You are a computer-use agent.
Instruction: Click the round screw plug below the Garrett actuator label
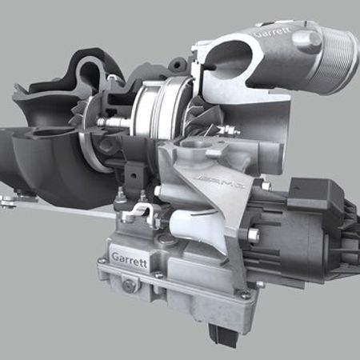(x=128, y=285)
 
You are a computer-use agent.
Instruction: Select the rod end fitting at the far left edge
(x=6, y=198)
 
